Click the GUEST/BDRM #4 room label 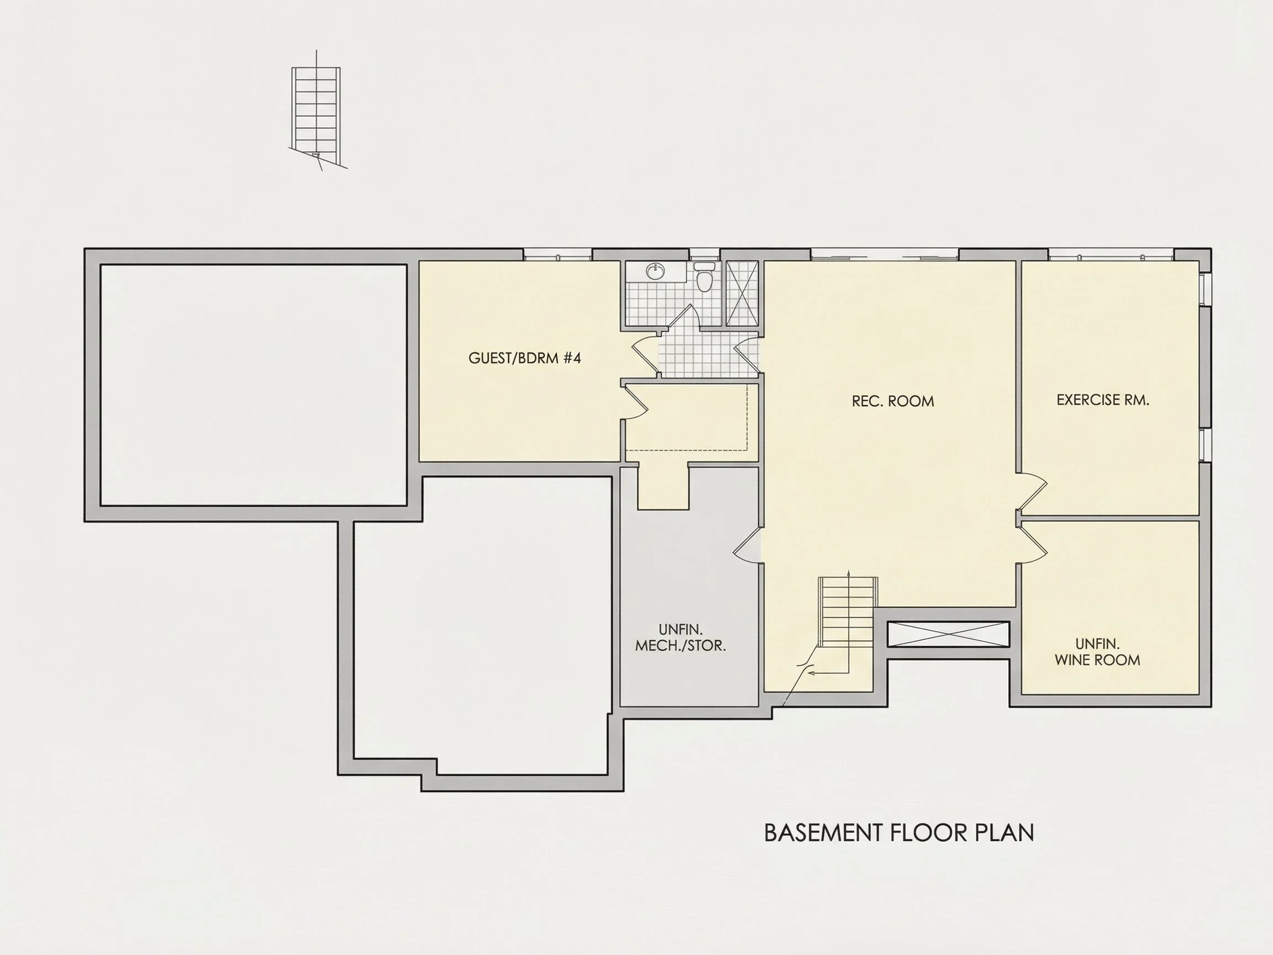point(524,358)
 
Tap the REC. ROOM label point(893,401)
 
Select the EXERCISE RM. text point(1103,400)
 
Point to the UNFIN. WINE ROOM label point(1097,652)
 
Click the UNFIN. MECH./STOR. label point(680,638)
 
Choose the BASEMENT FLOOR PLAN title point(899,833)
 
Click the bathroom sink point(654,271)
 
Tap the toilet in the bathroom point(704,277)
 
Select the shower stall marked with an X point(742,293)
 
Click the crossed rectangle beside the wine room point(949,634)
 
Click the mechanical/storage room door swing point(747,544)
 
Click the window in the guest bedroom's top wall point(557,254)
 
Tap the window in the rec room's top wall point(885,254)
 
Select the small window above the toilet point(704,254)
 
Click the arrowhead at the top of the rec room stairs point(849,574)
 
